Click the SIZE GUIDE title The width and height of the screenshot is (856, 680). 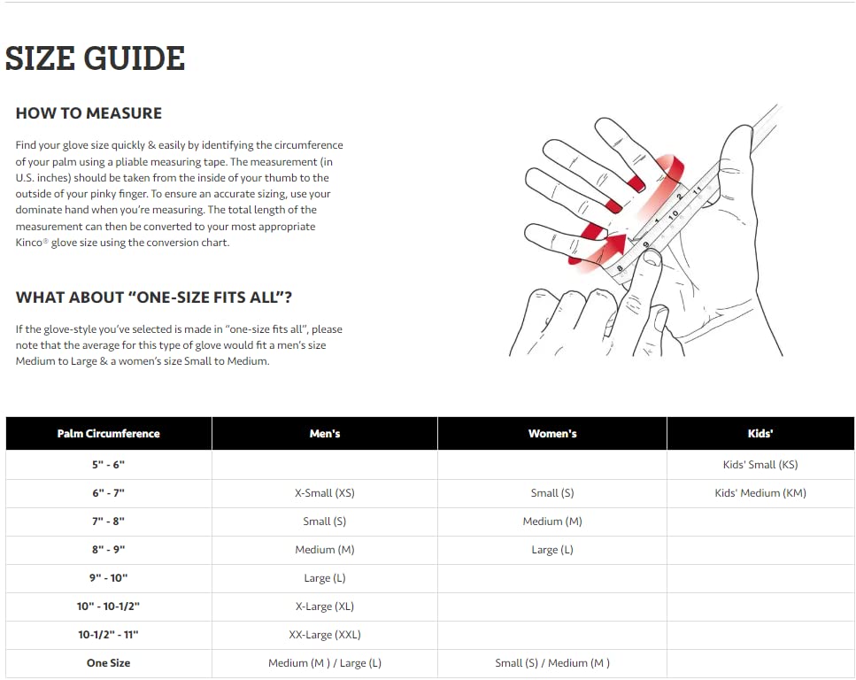95,58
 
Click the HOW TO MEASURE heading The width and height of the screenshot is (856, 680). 89,113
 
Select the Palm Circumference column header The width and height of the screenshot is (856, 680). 108,434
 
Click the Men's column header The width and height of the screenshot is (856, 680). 325,434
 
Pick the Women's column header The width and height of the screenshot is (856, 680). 552,434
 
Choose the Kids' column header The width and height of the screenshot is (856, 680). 760,434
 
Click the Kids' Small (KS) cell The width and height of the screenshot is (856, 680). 760,465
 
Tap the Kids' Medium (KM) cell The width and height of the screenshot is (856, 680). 760,493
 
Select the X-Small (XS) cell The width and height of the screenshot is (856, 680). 325,493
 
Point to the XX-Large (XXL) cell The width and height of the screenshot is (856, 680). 325,635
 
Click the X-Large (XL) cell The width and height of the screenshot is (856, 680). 325,607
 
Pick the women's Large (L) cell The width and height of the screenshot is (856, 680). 552,550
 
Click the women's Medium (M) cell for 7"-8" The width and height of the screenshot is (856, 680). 552,522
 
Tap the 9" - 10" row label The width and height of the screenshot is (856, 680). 108,578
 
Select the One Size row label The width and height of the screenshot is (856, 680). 108,663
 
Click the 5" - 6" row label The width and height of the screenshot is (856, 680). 108,465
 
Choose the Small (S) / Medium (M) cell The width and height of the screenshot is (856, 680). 552,663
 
